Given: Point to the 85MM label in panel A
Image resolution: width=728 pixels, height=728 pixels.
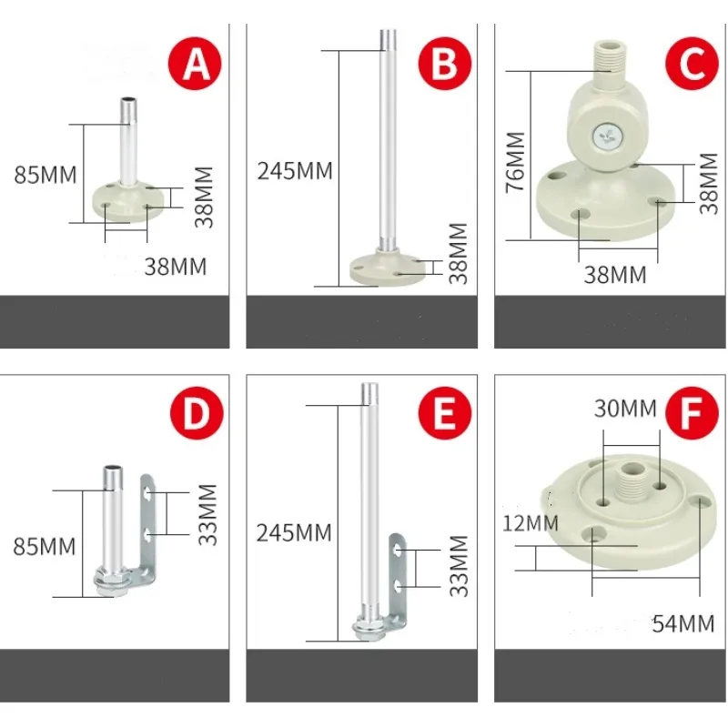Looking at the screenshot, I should click(45, 174).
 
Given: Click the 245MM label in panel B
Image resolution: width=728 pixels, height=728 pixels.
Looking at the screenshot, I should click(295, 170).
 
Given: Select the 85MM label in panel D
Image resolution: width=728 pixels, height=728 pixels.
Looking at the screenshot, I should click(45, 547).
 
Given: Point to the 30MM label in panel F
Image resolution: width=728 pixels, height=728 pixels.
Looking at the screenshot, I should click(625, 409).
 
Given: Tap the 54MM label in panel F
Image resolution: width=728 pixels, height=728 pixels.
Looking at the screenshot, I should click(683, 623).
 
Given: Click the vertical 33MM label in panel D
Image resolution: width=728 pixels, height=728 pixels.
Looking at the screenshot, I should click(208, 514).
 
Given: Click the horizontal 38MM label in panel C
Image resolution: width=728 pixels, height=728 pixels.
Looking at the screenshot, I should click(614, 274).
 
